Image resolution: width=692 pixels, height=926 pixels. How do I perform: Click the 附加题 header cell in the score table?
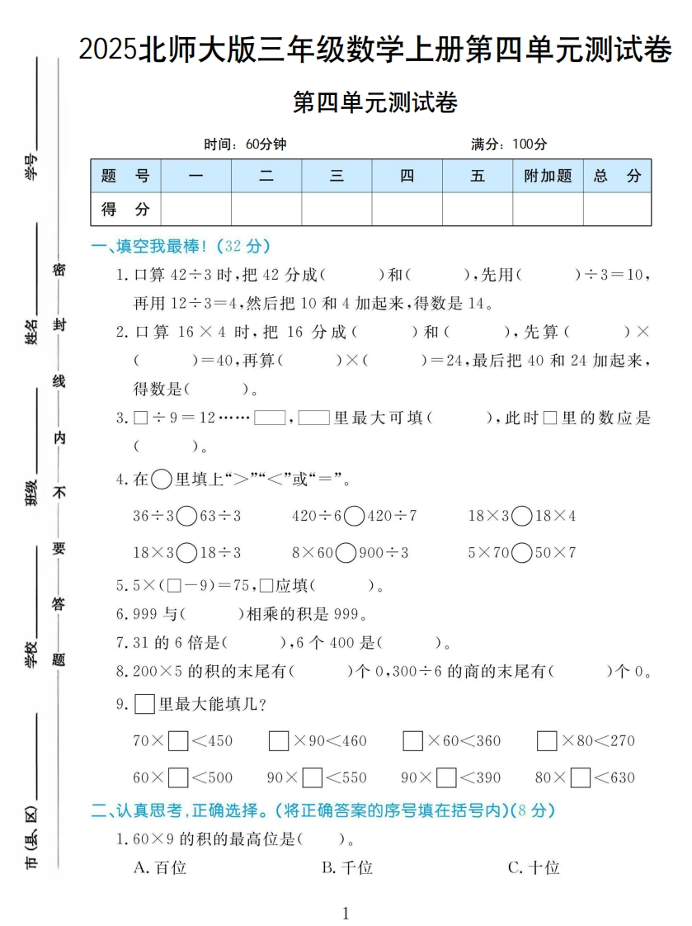click(x=548, y=176)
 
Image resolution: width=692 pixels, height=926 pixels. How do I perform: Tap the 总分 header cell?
click(x=617, y=176)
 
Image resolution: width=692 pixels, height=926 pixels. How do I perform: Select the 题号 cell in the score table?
click(x=125, y=176)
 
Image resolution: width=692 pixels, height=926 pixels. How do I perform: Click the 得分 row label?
click(x=125, y=210)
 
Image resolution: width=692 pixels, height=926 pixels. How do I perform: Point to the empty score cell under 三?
click(x=337, y=210)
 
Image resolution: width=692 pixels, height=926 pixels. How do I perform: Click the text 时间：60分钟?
click(x=245, y=144)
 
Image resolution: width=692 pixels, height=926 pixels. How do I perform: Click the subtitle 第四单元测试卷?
click(x=375, y=103)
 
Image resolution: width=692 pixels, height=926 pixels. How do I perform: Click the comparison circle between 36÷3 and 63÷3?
click(x=187, y=517)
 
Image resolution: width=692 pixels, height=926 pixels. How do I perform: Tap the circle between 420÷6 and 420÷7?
click(x=355, y=517)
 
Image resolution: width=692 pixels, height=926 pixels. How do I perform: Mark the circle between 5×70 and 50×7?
click(x=522, y=553)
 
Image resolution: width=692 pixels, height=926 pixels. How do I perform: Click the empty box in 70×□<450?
click(x=178, y=741)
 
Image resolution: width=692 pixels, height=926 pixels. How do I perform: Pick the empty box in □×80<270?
click(x=547, y=741)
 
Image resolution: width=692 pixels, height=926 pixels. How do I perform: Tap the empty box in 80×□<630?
click(x=581, y=777)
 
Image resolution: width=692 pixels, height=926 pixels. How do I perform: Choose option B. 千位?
click(x=347, y=867)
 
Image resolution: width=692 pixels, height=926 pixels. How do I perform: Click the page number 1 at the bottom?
click(x=346, y=913)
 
